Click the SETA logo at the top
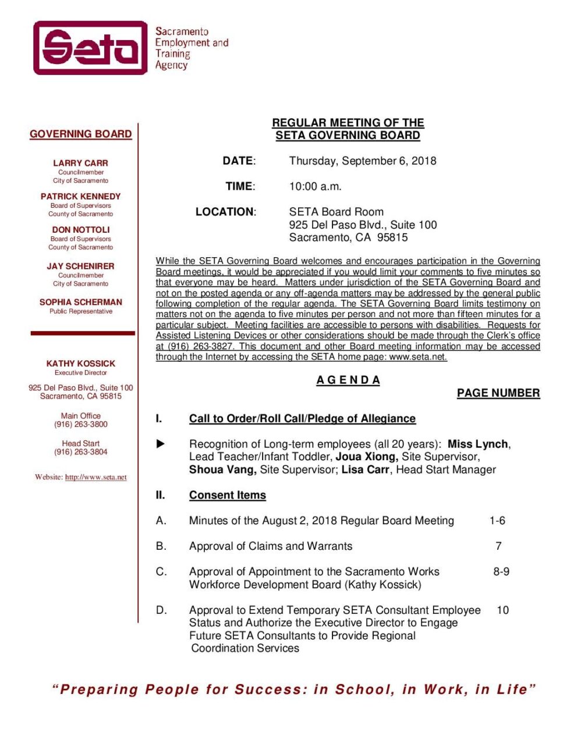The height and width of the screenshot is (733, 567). point(91,48)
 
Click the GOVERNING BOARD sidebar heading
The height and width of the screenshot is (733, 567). point(81,134)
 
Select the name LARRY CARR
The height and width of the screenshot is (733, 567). point(80,163)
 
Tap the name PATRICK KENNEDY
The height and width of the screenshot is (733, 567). point(80,197)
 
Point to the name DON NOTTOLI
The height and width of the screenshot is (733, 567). point(80,230)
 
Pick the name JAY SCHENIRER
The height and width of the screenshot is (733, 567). point(80,266)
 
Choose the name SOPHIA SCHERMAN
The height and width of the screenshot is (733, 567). point(80,302)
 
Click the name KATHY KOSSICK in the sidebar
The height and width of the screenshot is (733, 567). point(80,364)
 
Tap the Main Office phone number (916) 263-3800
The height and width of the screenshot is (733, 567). point(81,425)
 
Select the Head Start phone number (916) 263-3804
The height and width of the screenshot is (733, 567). point(81,452)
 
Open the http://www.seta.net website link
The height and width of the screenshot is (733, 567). point(95,478)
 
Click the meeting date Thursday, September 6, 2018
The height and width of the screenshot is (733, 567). point(362,161)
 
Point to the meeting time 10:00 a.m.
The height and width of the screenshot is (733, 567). point(315,187)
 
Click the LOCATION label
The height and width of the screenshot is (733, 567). point(225,212)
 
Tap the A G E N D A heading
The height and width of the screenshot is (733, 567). point(348,380)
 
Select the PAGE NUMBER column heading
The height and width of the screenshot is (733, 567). point(498,393)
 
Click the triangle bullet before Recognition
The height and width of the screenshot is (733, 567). point(161,444)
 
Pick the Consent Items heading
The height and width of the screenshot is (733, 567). point(227,496)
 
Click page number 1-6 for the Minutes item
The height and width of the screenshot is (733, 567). point(497,521)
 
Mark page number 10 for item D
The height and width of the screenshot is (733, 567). point(502,611)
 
